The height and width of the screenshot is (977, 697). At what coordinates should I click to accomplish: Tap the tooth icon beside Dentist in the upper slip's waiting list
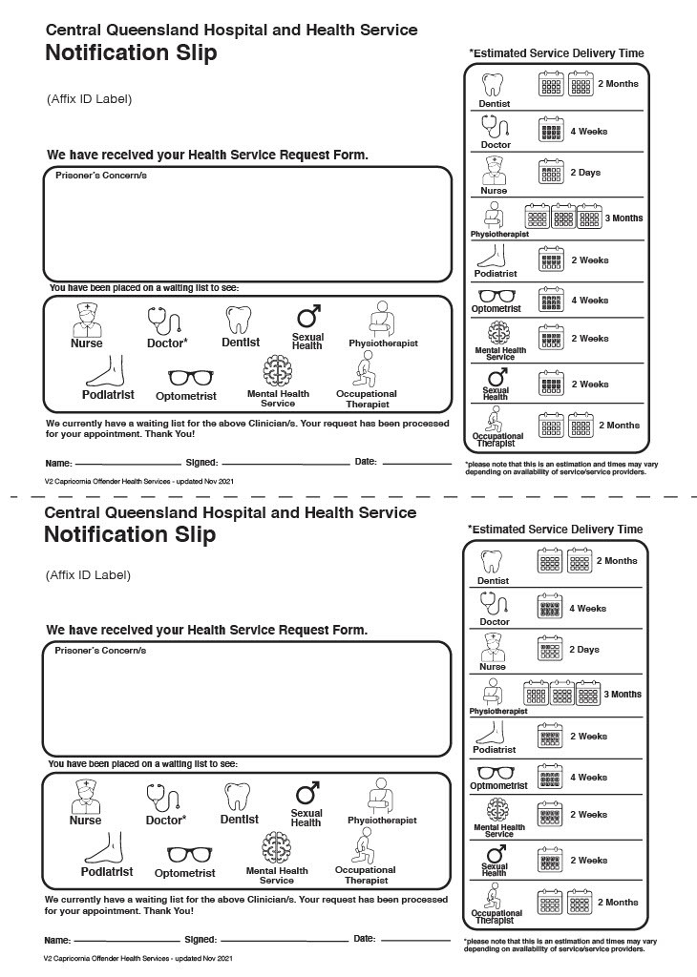pyautogui.click(x=237, y=319)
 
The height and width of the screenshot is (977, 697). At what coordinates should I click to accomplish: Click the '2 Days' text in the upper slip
pyautogui.click(x=584, y=173)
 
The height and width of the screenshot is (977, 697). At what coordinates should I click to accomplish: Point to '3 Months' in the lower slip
pyautogui.click(x=623, y=695)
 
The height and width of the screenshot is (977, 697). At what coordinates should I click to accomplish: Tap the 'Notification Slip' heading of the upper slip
pyautogui.click(x=131, y=53)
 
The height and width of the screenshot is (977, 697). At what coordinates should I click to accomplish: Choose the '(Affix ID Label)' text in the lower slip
pyautogui.click(x=88, y=575)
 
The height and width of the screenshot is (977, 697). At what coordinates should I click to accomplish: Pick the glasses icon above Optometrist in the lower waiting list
pyautogui.click(x=185, y=854)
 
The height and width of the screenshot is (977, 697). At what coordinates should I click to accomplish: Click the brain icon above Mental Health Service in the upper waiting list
pyautogui.click(x=278, y=368)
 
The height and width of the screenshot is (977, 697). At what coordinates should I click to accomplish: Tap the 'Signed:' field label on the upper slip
pyautogui.click(x=201, y=462)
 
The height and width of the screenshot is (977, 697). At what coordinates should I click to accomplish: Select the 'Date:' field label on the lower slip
pyautogui.click(x=365, y=939)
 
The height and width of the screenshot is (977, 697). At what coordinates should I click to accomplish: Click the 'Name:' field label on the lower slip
pyautogui.click(x=57, y=940)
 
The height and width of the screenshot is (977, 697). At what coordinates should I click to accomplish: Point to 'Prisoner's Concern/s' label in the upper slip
pyautogui.click(x=100, y=177)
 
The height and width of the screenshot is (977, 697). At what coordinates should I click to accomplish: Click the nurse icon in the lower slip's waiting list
pyautogui.click(x=85, y=796)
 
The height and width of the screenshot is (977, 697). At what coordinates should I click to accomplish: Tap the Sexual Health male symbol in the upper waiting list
pyautogui.click(x=307, y=316)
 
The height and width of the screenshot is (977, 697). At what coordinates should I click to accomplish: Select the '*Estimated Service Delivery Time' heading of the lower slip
pyautogui.click(x=555, y=530)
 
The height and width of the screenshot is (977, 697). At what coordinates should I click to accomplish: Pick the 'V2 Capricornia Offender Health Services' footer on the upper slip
pyautogui.click(x=138, y=482)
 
